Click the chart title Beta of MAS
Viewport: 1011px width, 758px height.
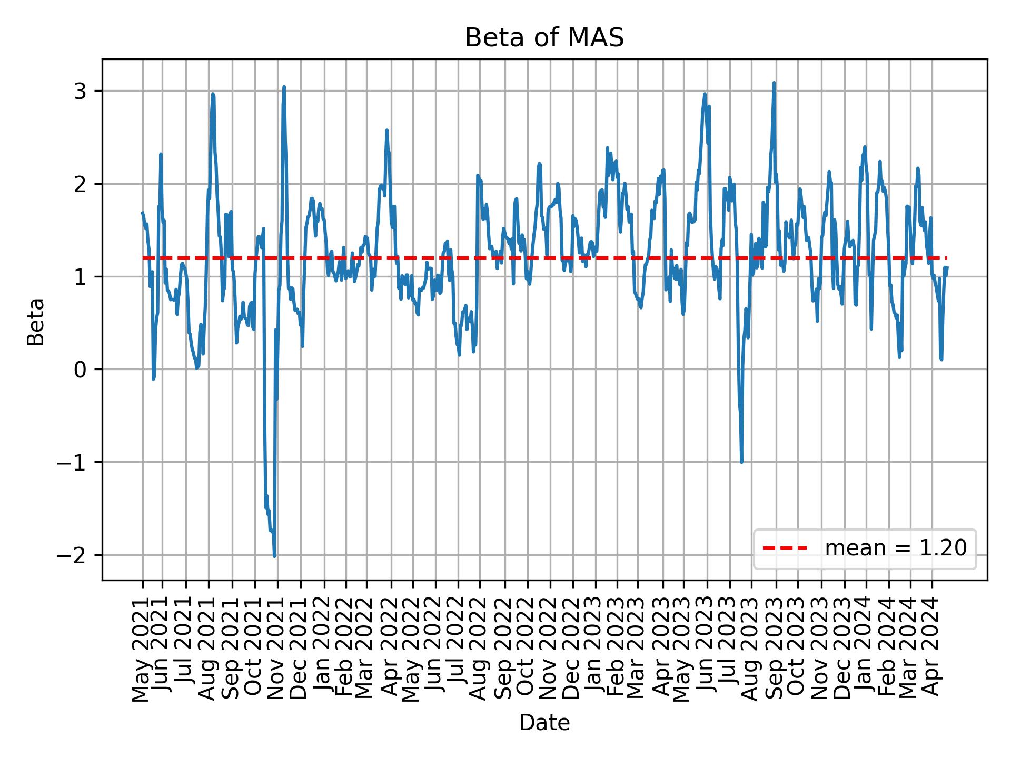click(544, 38)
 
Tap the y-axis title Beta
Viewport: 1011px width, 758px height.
click(36, 322)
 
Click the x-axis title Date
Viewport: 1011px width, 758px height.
click(544, 723)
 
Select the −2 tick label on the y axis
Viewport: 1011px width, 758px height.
click(73, 555)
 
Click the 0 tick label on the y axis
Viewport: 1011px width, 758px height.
click(80, 370)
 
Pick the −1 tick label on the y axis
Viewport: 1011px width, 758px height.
click(73, 462)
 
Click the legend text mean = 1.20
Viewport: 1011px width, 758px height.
click(895, 548)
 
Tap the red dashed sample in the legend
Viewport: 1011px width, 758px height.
click(785, 548)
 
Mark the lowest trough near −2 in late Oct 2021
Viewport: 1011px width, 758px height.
click(274, 556)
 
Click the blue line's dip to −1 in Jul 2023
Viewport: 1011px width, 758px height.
click(741, 462)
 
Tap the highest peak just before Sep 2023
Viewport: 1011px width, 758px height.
click(774, 83)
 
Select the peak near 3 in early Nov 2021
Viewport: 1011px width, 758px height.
click(284, 87)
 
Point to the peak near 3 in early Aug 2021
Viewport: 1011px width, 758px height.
click(213, 94)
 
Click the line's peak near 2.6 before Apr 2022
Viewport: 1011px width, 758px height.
click(386, 130)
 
